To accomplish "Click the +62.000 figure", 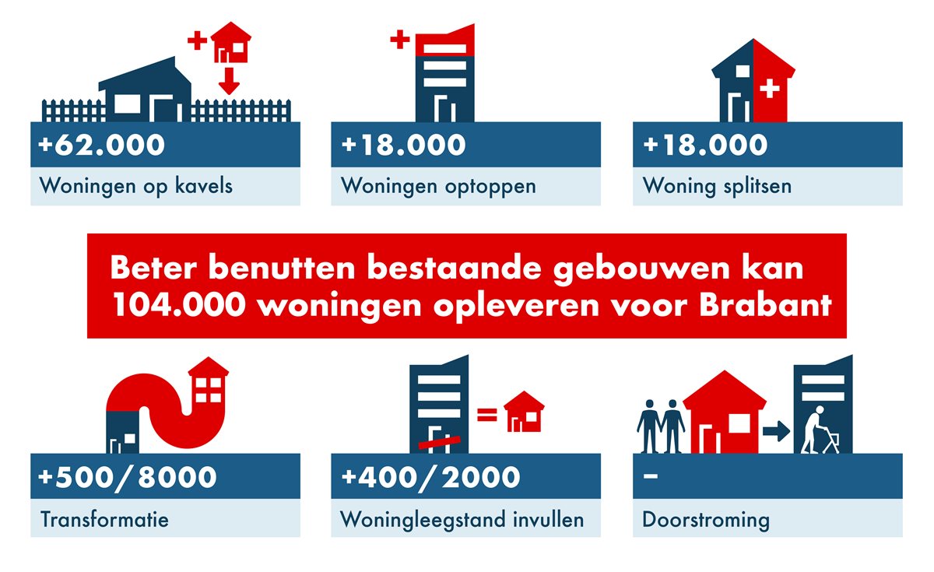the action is (101, 145).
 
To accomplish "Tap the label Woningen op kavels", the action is (136, 186).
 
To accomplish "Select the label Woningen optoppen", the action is (438, 186).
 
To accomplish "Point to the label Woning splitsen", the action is (717, 186).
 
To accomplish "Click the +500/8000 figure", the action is (127, 477).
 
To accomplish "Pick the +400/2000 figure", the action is (430, 477).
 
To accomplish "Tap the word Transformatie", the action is (104, 520).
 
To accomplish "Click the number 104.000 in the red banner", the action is (179, 305).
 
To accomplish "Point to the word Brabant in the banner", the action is (766, 305).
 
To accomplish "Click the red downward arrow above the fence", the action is (229, 80).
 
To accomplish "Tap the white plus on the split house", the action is (769, 89).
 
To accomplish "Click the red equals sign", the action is (487, 414).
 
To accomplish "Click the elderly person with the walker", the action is (819, 430).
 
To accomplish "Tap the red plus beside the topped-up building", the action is (399, 40).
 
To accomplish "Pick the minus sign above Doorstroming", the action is (651, 475).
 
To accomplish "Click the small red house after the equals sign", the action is (524, 412).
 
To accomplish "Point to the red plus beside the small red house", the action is (197, 40).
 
